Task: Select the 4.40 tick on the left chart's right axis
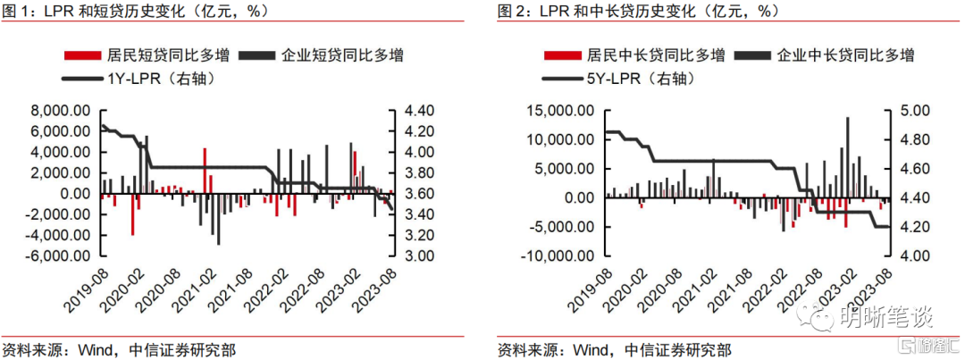click(399, 111)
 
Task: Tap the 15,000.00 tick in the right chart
click(558, 111)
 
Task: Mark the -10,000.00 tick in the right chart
click(556, 255)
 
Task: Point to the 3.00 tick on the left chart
click(399, 255)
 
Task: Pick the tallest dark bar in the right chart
click(847, 157)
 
